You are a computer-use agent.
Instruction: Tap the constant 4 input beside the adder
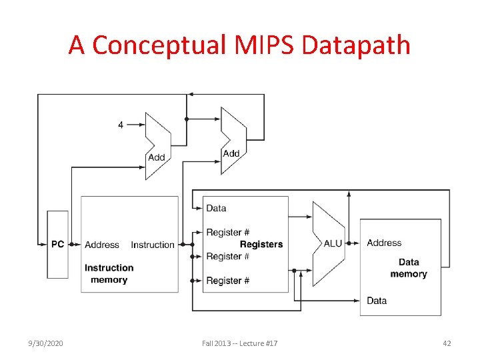(x=121, y=125)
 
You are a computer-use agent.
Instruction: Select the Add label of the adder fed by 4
(x=156, y=157)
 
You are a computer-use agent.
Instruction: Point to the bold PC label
(x=58, y=244)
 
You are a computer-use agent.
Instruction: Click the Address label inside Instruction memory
(x=102, y=245)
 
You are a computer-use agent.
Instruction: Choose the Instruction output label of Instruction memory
(x=153, y=245)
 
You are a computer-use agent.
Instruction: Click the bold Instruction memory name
(x=109, y=274)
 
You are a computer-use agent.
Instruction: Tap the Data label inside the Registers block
(x=216, y=208)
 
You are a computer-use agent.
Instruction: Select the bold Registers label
(x=261, y=244)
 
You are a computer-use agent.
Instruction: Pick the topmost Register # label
(x=227, y=232)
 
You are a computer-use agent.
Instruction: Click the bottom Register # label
(x=227, y=281)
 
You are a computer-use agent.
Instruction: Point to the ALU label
(x=333, y=243)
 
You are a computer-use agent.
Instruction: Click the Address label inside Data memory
(x=384, y=243)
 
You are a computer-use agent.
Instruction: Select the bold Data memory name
(x=408, y=268)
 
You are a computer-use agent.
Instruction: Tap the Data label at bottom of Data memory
(x=377, y=301)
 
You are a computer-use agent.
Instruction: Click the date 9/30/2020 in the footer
(x=47, y=343)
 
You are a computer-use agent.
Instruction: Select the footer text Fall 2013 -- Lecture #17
(x=240, y=343)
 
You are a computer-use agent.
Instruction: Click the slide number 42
(x=447, y=343)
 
